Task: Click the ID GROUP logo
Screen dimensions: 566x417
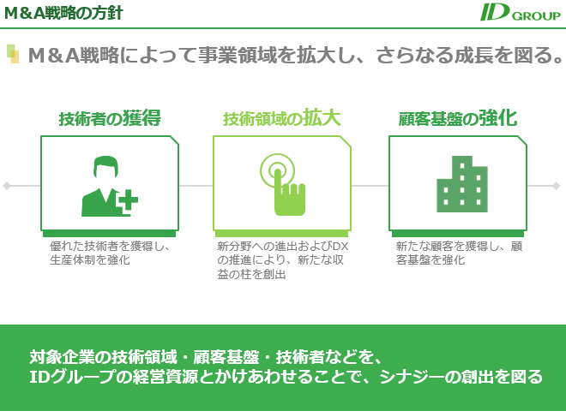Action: coord(521,13)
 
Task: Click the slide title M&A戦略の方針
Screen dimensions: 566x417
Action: coord(63,14)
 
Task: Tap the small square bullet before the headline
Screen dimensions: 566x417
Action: coord(13,54)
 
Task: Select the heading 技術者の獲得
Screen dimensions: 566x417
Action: coord(110,118)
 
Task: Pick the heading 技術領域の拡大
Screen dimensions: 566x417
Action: coord(282,118)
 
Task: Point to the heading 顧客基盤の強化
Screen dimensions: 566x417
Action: coord(458,118)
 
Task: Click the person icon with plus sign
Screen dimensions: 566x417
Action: coord(110,186)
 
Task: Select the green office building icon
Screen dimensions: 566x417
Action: coord(462,184)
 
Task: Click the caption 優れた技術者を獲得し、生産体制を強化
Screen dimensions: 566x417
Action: coord(110,253)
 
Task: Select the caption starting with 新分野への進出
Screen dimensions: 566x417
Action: coord(283,260)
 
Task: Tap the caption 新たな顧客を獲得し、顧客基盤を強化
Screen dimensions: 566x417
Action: coord(459,253)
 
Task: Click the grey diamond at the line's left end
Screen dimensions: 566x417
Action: coord(7,186)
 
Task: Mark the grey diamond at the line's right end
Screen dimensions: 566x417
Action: coord(556,186)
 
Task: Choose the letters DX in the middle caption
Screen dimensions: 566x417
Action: coord(340,247)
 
